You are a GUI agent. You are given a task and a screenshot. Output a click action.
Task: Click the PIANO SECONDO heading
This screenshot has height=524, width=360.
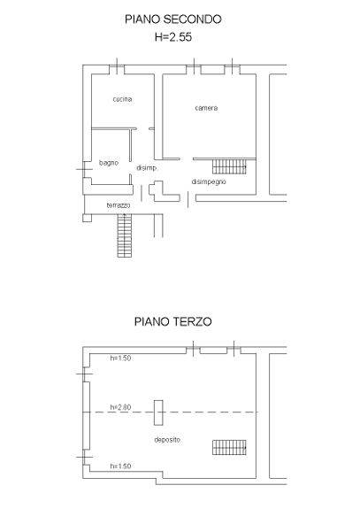(173, 19)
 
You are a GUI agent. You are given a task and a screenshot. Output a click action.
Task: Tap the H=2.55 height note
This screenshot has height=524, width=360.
(173, 37)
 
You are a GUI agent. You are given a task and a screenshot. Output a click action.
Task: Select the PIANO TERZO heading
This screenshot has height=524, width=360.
(173, 321)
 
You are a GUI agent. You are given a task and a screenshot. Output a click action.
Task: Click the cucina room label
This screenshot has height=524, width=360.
(122, 99)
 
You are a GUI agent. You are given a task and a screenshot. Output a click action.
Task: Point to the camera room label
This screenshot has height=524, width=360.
(206, 108)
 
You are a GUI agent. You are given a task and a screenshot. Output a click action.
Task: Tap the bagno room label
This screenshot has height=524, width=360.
(109, 163)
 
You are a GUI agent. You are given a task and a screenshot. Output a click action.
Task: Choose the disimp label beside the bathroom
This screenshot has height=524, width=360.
(146, 168)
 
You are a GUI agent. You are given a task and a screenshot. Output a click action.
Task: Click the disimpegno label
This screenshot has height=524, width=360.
(209, 181)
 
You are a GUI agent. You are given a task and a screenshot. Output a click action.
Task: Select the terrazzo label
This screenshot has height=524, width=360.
(119, 205)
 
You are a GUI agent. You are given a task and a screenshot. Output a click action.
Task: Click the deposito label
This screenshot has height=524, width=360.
(167, 440)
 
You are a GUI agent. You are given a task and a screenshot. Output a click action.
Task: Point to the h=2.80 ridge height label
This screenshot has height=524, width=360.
(120, 407)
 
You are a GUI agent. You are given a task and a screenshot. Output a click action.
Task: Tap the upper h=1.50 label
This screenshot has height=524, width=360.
(120, 358)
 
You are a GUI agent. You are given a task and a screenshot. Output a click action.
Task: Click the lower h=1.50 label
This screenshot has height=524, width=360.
(120, 466)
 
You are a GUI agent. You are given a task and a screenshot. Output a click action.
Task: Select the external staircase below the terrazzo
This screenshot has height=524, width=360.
(124, 235)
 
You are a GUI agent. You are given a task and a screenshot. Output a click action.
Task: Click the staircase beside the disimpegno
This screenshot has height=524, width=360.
(229, 166)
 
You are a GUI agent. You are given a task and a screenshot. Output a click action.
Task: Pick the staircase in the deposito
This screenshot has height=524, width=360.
(229, 448)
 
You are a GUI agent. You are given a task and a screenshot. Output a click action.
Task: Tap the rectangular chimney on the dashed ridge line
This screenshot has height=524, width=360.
(158, 412)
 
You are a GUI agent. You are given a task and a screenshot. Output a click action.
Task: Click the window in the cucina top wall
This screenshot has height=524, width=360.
(117, 70)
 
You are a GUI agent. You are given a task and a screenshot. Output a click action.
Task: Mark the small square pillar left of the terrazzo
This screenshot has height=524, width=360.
(87, 218)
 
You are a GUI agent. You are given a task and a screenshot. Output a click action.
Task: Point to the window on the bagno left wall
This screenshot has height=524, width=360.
(83, 169)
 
